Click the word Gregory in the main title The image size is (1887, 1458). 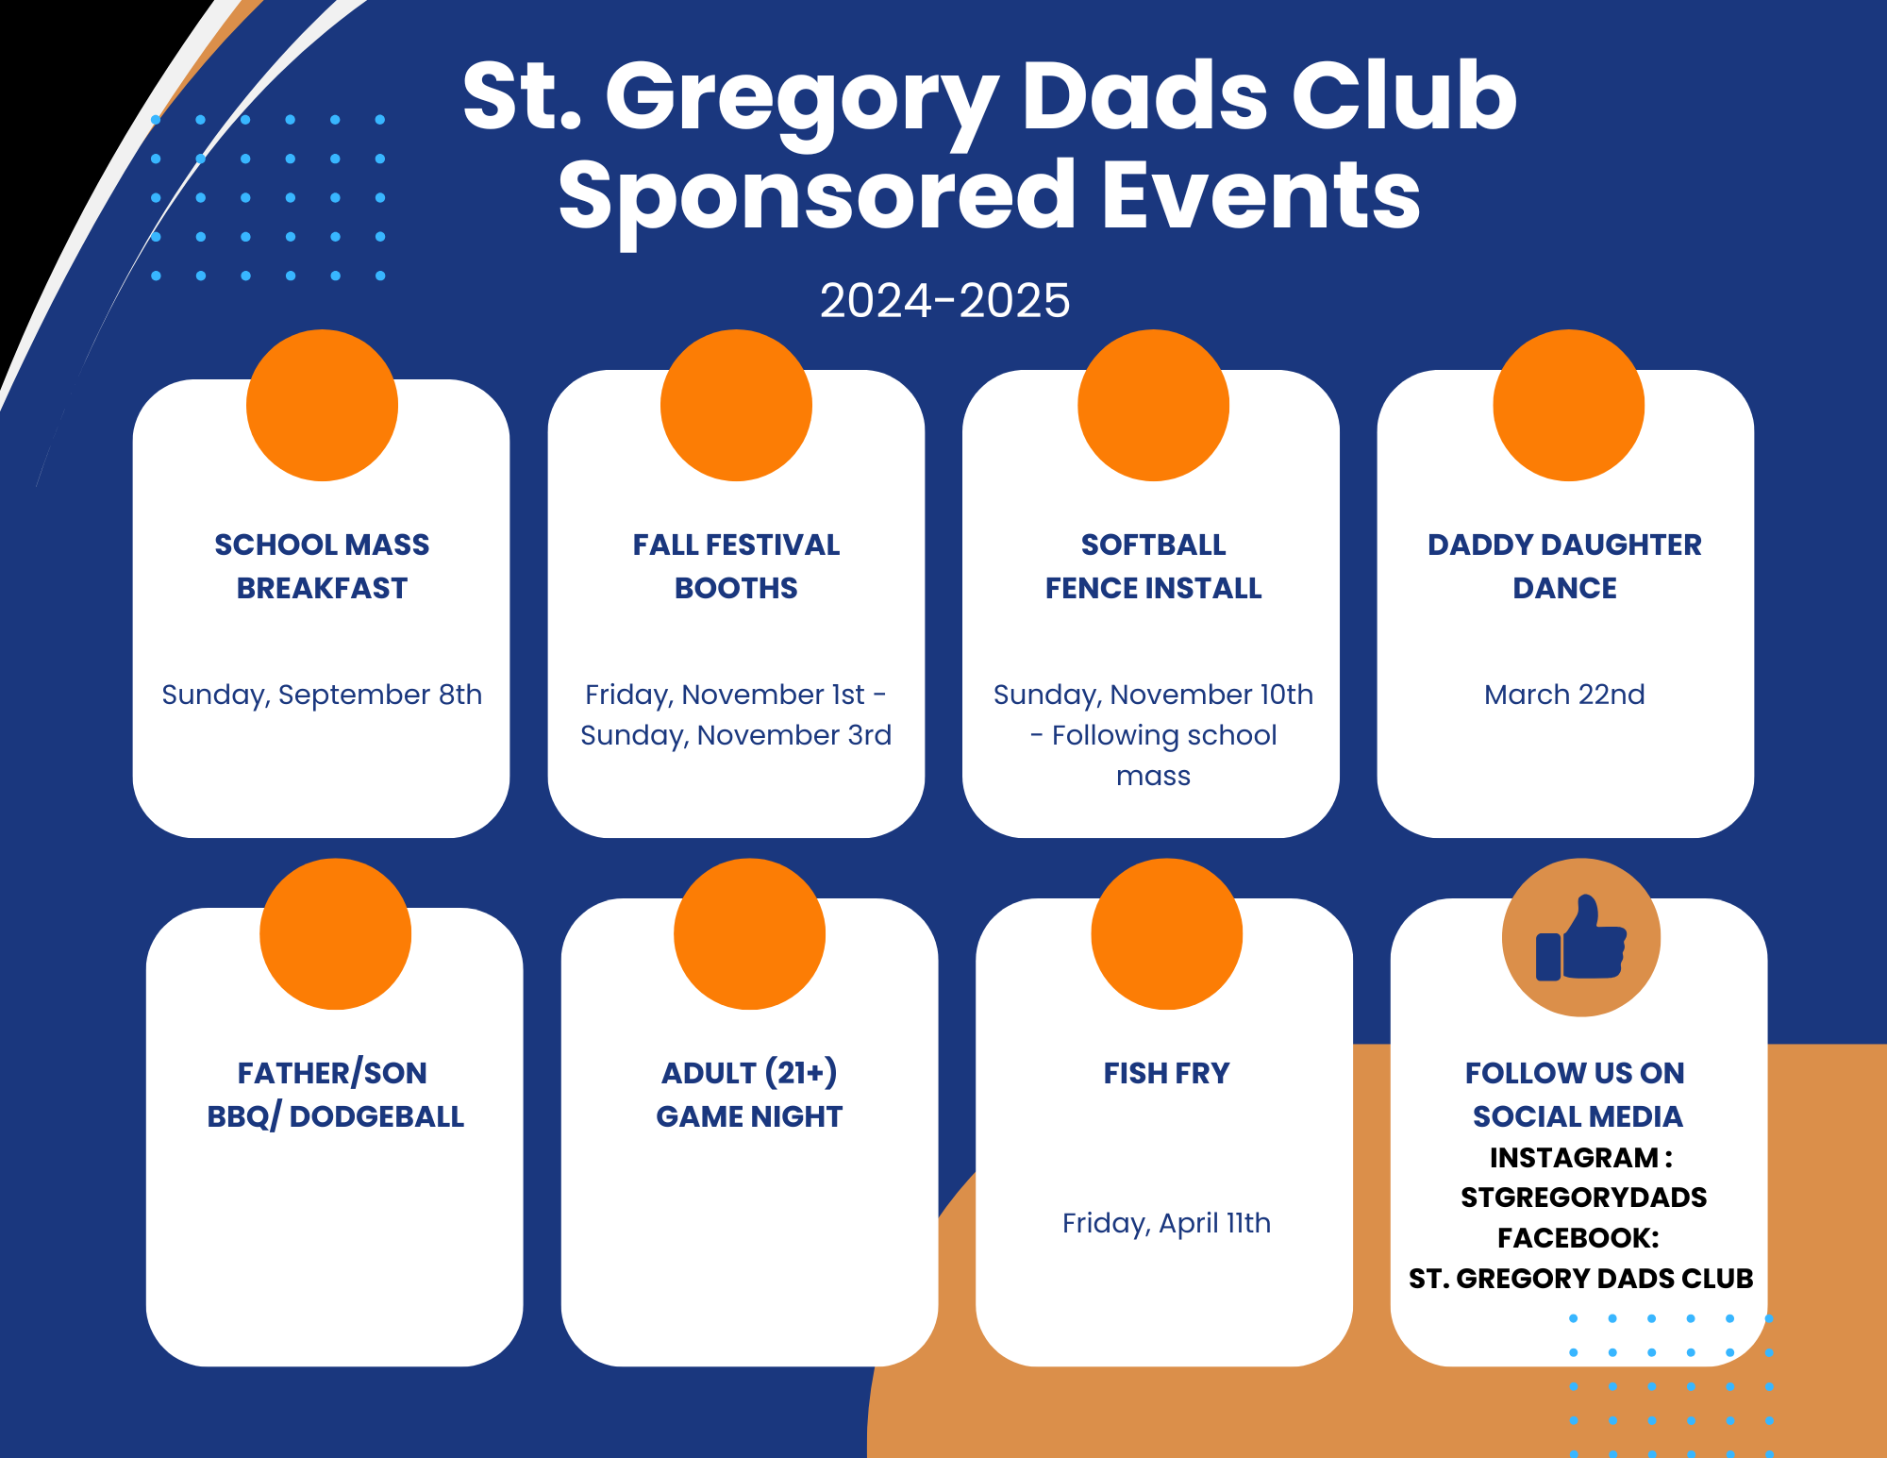[x=801, y=101]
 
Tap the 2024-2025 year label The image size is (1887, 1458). [x=944, y=301]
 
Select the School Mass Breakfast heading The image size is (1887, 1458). [x=322, y=566]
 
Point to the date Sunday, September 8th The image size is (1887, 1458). [x=322, y=695]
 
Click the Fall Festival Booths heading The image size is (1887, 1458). [x=736, y=566]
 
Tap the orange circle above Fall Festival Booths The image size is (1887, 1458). [x=736, y=405]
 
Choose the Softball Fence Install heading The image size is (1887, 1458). [x=1153, y=566]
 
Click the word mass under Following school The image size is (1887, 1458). [x=1153, y=777]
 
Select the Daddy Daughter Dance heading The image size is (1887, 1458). [x=1564, y=566]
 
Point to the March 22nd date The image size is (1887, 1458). [x=1564, y=695]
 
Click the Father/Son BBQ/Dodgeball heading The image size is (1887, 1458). [x=335, y=1095]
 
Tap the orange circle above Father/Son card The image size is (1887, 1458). [x=335, y=934]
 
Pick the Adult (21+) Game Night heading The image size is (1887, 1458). [x=749, y=1095]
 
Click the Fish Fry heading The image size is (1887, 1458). [x=1167, y=1073]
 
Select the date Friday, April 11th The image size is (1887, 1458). [x=1166, y=1224]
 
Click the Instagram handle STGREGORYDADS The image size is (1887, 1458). [x=1583, y=1198]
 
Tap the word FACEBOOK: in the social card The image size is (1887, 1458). [x=1578, y=1238]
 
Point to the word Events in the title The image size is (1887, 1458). [x=1261, y=195]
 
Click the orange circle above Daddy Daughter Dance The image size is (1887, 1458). [x=1568, y=405]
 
